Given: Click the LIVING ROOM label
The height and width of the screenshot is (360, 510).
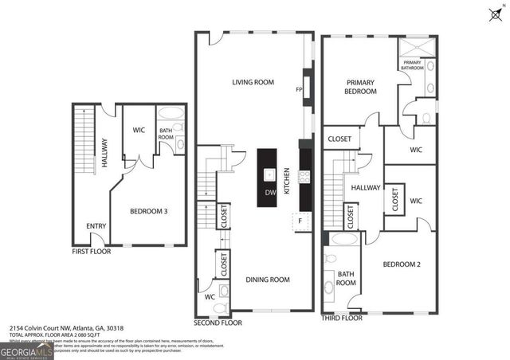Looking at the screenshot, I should pyautogui.click(x=253, y=82).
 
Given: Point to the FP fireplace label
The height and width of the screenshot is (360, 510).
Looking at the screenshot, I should pyautogui.click(x=300, y=90).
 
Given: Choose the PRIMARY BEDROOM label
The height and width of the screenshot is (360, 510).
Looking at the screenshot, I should pyautogui.click(x=360, y=87).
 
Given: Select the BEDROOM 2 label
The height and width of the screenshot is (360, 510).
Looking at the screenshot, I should pyautogui.click(x=402, y=264).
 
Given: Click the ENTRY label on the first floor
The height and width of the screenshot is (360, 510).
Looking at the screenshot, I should pyautogui.click(x=96, y=226).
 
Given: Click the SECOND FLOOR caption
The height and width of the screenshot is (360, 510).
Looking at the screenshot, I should pyautogui.click(x=218, y=323).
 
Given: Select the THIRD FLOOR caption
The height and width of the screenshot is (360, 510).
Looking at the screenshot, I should pyautogui.click(x=341, y=318).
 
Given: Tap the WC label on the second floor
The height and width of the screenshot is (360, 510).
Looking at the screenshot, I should pyautogui.click(x=210, y=297).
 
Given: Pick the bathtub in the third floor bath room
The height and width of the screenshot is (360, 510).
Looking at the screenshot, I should pyautogui.click(x=343, y=238).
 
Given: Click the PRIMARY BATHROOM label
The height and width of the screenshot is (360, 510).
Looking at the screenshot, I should pyautogui.click(x=413, y=65).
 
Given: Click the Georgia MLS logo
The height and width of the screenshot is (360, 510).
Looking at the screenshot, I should pyautogui.click(x=26, y=349).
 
